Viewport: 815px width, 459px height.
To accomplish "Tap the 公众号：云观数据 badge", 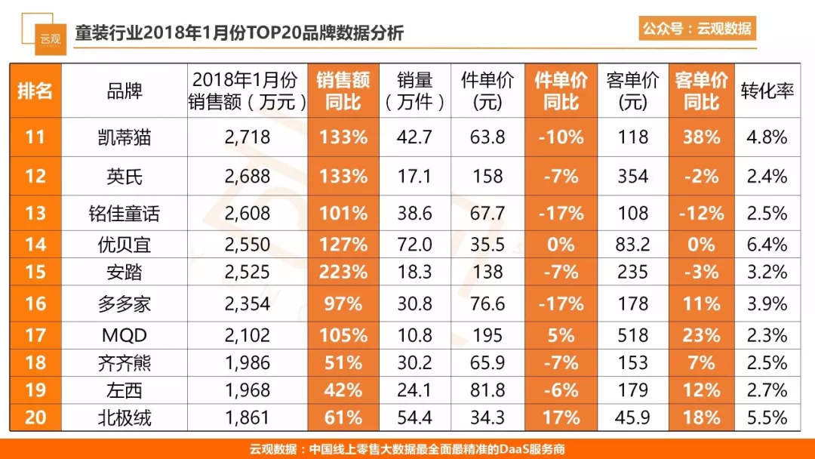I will [x=697, y=29].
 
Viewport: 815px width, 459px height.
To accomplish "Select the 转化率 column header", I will [x=767, y=91].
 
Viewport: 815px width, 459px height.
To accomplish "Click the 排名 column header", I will [x=35, y=91].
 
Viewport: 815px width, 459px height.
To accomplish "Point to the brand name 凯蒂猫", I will [x=124, y=137].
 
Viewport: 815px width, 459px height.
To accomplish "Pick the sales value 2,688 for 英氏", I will [x=247, y=177].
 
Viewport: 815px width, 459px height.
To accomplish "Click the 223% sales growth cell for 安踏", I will [x=343, y=272].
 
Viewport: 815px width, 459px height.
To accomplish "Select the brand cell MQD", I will [x=124, y=335].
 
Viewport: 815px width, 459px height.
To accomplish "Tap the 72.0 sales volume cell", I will [x=414, y=245].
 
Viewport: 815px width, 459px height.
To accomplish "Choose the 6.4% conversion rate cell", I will [x=767, y=245].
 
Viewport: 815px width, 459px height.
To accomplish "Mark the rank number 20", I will [x=35, y=417].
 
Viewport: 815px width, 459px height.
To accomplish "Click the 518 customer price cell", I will [x=632, y=335].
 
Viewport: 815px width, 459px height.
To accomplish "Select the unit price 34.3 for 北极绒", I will [x=487, y=417].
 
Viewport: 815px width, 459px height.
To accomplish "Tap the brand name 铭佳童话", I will [x=124, y=214].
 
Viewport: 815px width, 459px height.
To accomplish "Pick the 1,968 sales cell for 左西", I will [x=247, y=390].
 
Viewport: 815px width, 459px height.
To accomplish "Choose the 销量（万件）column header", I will [x=414, y=91].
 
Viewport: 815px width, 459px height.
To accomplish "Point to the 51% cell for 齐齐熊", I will [x=343, y=363].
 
